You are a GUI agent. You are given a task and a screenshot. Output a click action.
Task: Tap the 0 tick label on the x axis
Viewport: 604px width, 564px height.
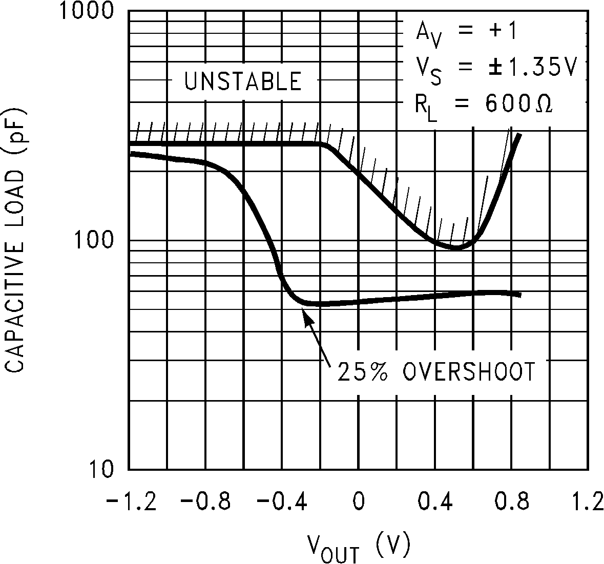click(359, 502)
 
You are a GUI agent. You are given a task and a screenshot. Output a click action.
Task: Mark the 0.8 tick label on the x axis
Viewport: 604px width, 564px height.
click(511, 502)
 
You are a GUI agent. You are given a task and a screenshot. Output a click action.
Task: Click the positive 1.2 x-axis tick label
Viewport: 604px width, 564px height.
click(587, 502)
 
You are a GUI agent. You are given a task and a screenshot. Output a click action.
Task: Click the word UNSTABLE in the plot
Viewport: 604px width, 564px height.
click(243, 81)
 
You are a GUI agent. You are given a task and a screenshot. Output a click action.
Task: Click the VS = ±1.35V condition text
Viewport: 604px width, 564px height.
click(495, 69)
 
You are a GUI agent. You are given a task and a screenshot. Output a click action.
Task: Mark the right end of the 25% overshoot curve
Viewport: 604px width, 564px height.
click(519, 295)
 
